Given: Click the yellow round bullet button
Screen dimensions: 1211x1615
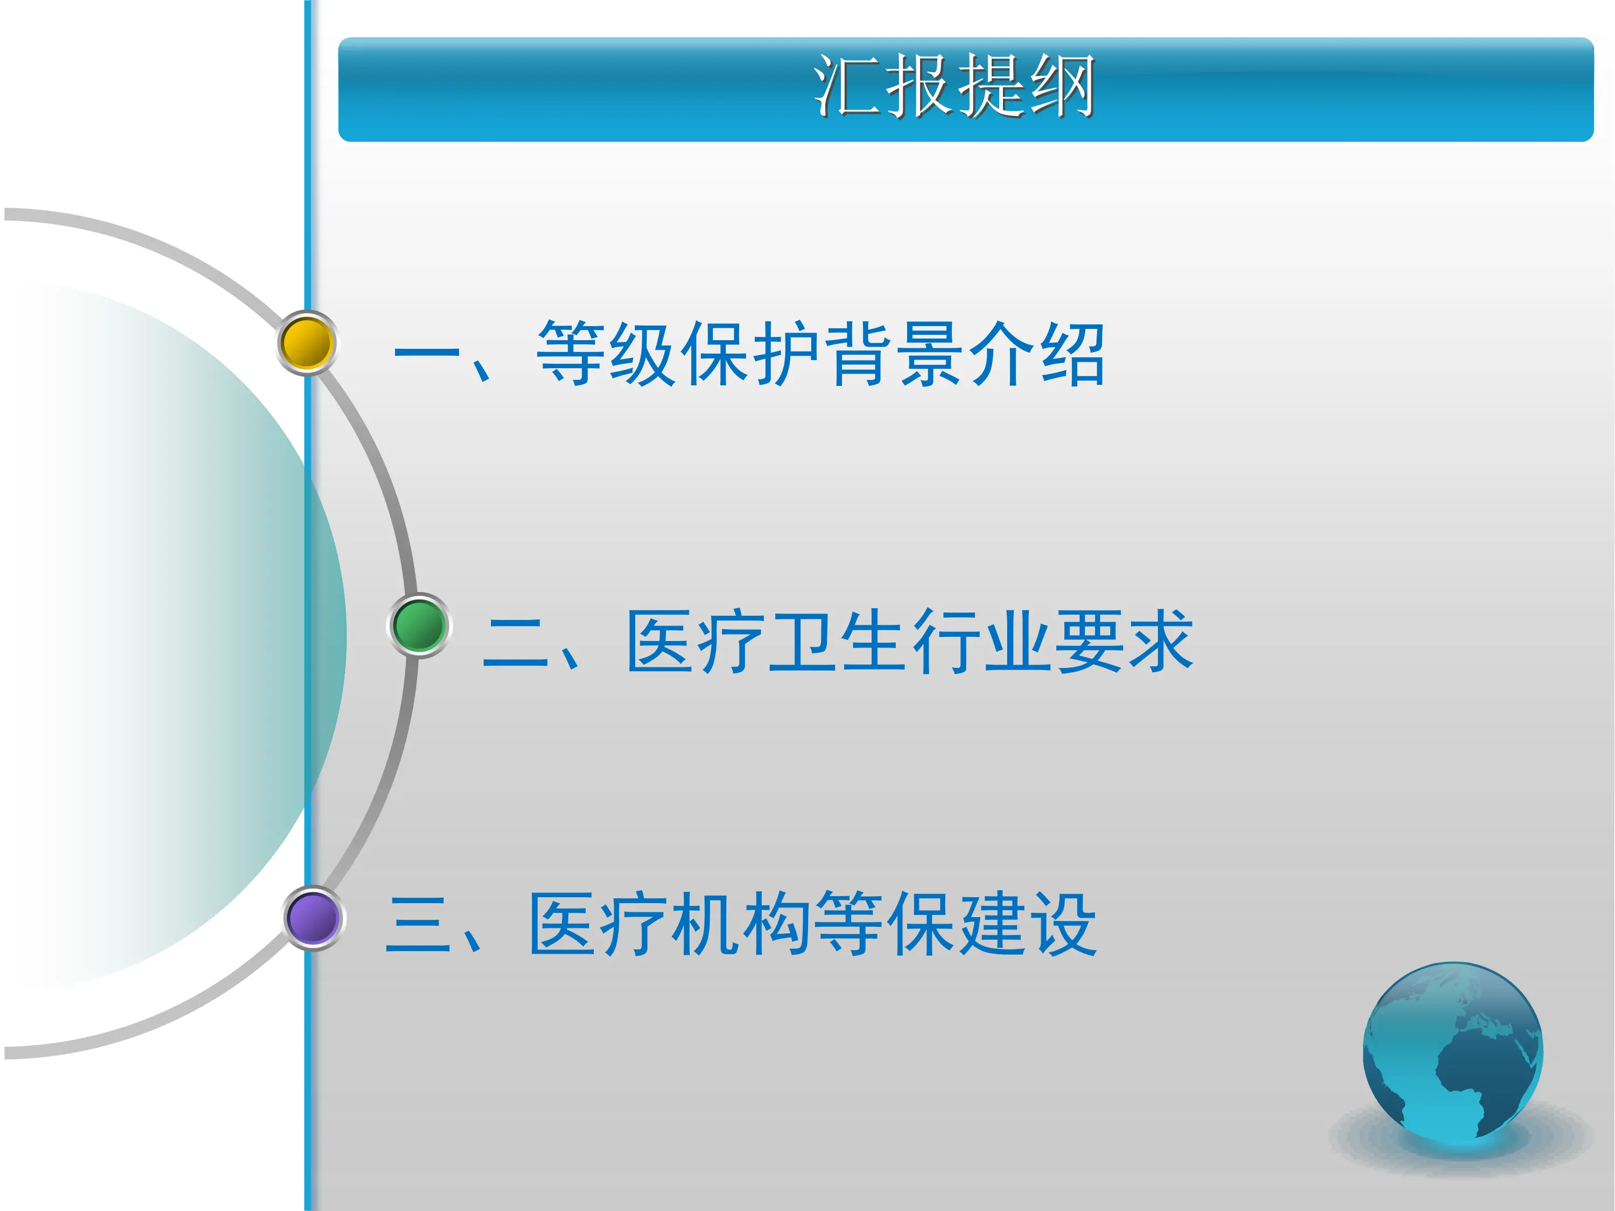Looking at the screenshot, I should [x=307, y=343].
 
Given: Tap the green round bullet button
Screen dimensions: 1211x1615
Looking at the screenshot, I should [x=419, y=625].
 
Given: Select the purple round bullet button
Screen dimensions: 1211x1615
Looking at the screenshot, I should [x=313, y=918].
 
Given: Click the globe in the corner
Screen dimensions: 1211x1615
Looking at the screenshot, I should [x=1452, y=1052].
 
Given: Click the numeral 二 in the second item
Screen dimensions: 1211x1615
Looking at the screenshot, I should [x=515, y=642].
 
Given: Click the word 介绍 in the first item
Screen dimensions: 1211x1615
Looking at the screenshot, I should [x=1037, y=354].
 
